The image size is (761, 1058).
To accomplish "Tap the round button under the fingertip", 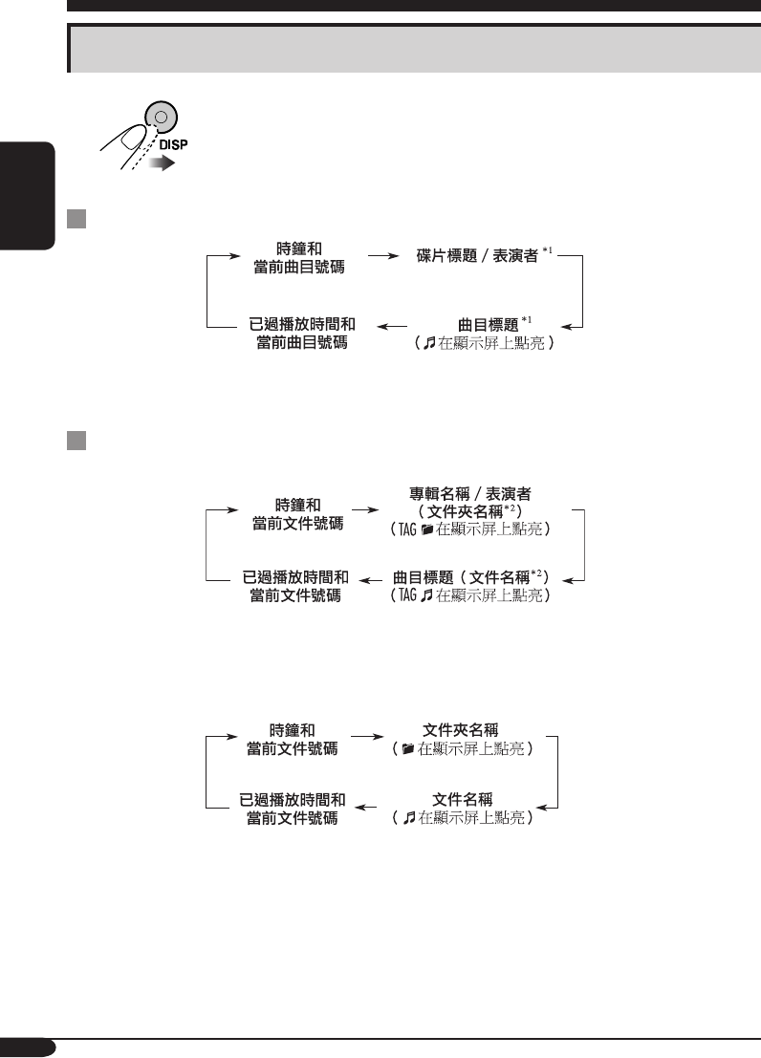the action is (x=161, y=119).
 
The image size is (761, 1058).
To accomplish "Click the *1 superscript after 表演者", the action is (x=548, y=251).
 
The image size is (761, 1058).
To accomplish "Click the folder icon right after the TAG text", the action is (x=426, y=527).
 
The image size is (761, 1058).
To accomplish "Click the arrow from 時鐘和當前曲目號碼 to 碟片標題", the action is (x=382, y=256).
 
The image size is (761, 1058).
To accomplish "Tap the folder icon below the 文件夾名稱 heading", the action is (x=408, y=749).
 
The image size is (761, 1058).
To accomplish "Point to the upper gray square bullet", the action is (x=77, y=221).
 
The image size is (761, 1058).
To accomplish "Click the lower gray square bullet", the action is (x=77, y=441).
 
